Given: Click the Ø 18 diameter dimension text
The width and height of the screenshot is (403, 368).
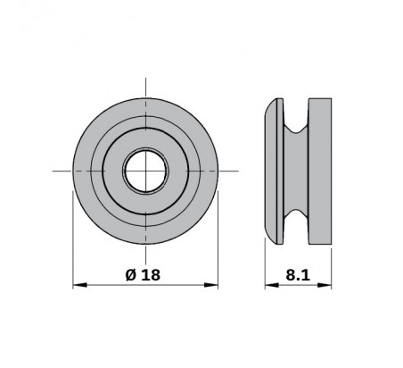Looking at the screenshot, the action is (143, 274).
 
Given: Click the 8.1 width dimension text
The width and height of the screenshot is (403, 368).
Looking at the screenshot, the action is (298, 275).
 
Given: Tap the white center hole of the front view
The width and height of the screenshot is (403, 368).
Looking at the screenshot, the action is (145, 171).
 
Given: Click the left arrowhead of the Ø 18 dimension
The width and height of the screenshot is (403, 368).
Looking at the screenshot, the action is (79, 285).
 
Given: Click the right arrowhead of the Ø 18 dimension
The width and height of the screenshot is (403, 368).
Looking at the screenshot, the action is (211, 285).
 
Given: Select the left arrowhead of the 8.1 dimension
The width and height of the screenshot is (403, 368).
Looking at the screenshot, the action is (272, 285).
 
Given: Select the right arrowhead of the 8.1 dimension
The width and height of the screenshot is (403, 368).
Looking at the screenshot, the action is (325, 285).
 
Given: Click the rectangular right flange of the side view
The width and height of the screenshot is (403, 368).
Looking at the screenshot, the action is (320, 171).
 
